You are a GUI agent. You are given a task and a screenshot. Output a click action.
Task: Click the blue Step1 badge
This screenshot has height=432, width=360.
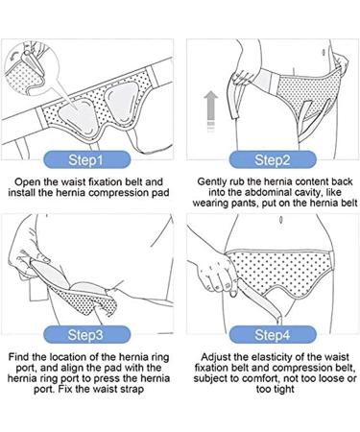(x=87, y=159)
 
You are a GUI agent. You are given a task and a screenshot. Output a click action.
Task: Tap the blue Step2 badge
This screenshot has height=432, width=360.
(x=273, y=159)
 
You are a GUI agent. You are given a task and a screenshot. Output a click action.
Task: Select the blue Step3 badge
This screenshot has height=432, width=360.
(x=87, y=334)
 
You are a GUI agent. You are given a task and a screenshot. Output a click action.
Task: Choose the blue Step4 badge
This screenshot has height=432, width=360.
(x=273, y=334)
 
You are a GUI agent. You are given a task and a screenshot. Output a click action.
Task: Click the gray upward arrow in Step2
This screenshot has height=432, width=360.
(x=211, y=110)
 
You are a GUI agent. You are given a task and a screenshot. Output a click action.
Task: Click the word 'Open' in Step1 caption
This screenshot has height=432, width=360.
(x=28, y=182)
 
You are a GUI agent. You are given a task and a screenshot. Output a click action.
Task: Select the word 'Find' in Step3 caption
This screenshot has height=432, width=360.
(x=19, y=356)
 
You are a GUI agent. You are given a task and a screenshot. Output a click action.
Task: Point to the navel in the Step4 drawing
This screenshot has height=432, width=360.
(x=281, y=220)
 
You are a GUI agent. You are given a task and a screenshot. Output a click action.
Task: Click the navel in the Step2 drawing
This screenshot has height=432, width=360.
(x=324, y=52)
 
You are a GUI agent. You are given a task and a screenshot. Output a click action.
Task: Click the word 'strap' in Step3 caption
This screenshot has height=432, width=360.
(x=132, y=390)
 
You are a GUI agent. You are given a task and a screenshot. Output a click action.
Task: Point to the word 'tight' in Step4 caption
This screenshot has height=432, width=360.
(x=282, y=390)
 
